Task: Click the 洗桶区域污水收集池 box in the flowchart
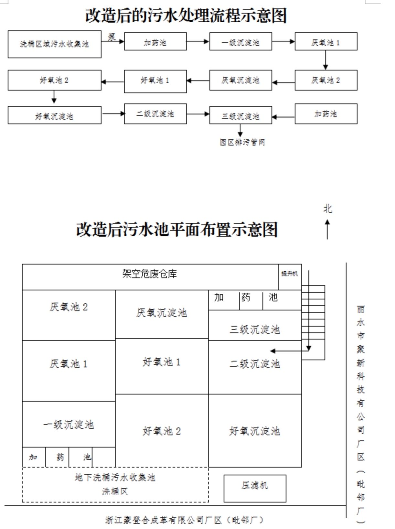[54, 44]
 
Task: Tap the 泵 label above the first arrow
[112, 36]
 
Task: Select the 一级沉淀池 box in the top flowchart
[240, 42]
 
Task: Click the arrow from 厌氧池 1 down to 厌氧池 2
[326, 60]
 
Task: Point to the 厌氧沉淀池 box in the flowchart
[240, 80]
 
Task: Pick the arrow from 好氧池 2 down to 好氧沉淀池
[54, 97]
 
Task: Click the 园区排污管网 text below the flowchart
[242, 142]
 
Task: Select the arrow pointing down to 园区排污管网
[240, 130]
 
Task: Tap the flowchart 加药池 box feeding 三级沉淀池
[326, 114]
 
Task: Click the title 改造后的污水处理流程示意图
[186, 16]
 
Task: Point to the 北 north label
[328, 209]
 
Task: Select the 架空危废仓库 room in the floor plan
[150, 274]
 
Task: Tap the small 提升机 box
[290, 274]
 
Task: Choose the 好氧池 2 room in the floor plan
[162, 431]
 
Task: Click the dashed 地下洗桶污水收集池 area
[115, 484]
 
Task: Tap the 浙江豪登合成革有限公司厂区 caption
[184, 520]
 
